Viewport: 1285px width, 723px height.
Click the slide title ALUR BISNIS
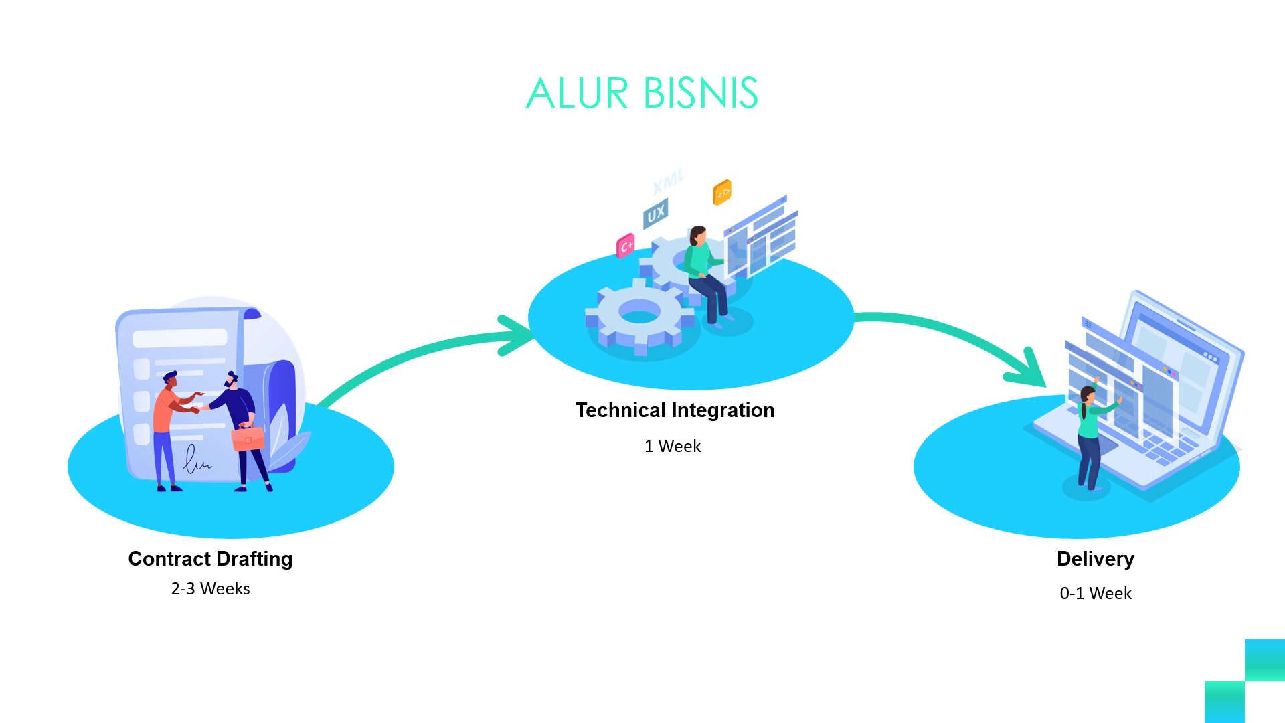coord(642,93)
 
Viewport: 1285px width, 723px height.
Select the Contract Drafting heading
coord(210,558)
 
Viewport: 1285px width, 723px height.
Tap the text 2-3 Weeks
coord(210,588)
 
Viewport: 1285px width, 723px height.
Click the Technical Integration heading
coord(675,410)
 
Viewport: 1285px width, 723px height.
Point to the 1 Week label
coord(673,446)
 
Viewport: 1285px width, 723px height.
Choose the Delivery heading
coord(1095,558)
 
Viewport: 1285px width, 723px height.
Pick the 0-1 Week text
coord(1096,593)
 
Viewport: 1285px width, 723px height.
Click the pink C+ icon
coord(626,246)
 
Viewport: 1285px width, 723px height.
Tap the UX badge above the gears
coord(656,213)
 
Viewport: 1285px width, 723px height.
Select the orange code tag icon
coord(722,192)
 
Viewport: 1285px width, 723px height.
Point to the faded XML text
coord(669,181)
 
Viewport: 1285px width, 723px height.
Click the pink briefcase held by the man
coord(248,438)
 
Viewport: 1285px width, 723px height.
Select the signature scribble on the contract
coord(195,461)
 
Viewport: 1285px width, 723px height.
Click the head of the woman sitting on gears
coord(698,235)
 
